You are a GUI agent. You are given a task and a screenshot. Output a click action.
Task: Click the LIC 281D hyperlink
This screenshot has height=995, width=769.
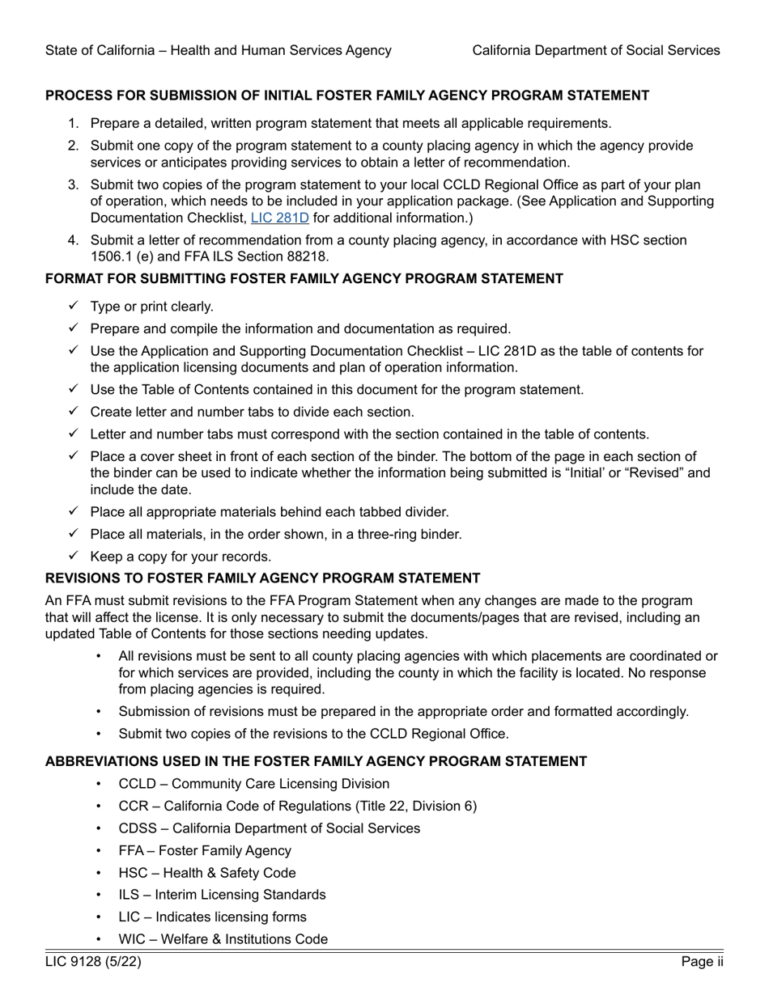coord(280,218)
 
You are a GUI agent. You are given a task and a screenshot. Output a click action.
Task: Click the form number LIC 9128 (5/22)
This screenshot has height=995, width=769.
coord(87,962)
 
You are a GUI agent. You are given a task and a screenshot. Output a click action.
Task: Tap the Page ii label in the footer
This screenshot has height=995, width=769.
coord(702,962)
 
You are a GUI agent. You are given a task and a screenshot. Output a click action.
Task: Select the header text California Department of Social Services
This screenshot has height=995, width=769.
coord(596,50)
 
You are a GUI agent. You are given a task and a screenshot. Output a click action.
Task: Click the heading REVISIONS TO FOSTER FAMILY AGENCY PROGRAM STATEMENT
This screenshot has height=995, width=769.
coord(262,578)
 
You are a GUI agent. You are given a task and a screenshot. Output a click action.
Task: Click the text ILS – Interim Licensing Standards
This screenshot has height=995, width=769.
coord(222,895)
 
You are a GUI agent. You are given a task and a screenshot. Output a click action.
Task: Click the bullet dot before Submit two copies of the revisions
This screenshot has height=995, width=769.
coord(99,734)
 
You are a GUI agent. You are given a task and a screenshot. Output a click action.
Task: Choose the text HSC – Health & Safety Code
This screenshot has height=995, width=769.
coord(206,873)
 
